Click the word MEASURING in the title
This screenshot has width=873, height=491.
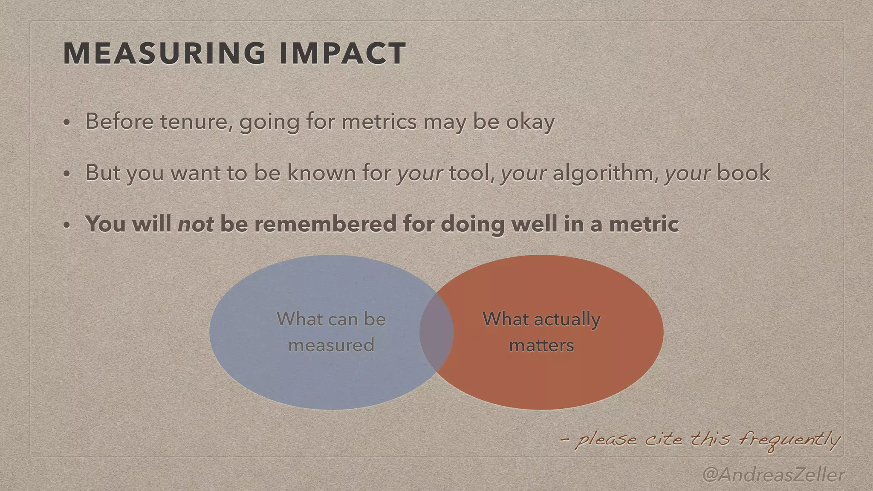tap(165, 54)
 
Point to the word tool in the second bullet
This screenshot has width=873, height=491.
tap(471, 173)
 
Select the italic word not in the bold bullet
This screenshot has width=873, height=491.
tap(196, 224)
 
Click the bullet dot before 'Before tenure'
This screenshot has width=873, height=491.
tap(66, 123)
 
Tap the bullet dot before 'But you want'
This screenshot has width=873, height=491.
tap(66, 174)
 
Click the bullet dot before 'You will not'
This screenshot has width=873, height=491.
tap(66, 225)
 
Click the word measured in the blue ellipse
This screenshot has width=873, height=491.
tap(331, 345)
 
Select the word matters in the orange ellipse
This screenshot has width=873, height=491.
tap(541, 345)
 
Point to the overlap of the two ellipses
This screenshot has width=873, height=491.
tap(436, 333)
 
